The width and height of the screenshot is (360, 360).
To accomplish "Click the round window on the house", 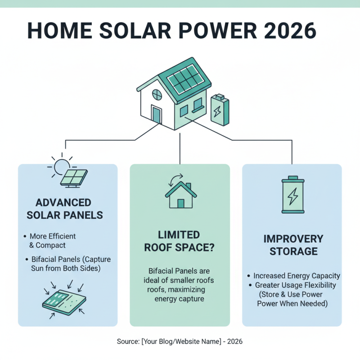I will click(x=157, y=95).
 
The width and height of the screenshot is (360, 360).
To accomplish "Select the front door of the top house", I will click(x=156, y=115).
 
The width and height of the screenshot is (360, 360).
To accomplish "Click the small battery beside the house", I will click(x=220, y=110).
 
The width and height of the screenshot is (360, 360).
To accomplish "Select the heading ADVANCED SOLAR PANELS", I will click(x=65, y=209).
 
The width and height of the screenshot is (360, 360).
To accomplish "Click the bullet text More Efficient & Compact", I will click(x=53, y=241).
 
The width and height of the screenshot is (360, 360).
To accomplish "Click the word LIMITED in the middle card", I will click(x=180, y=235).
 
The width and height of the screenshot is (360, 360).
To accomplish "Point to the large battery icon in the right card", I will click(x=292, y=195).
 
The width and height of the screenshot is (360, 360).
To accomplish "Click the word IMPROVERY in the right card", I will click(x=293, y=238).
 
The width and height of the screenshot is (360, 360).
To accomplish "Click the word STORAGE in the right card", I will click(x=293, y=251).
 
